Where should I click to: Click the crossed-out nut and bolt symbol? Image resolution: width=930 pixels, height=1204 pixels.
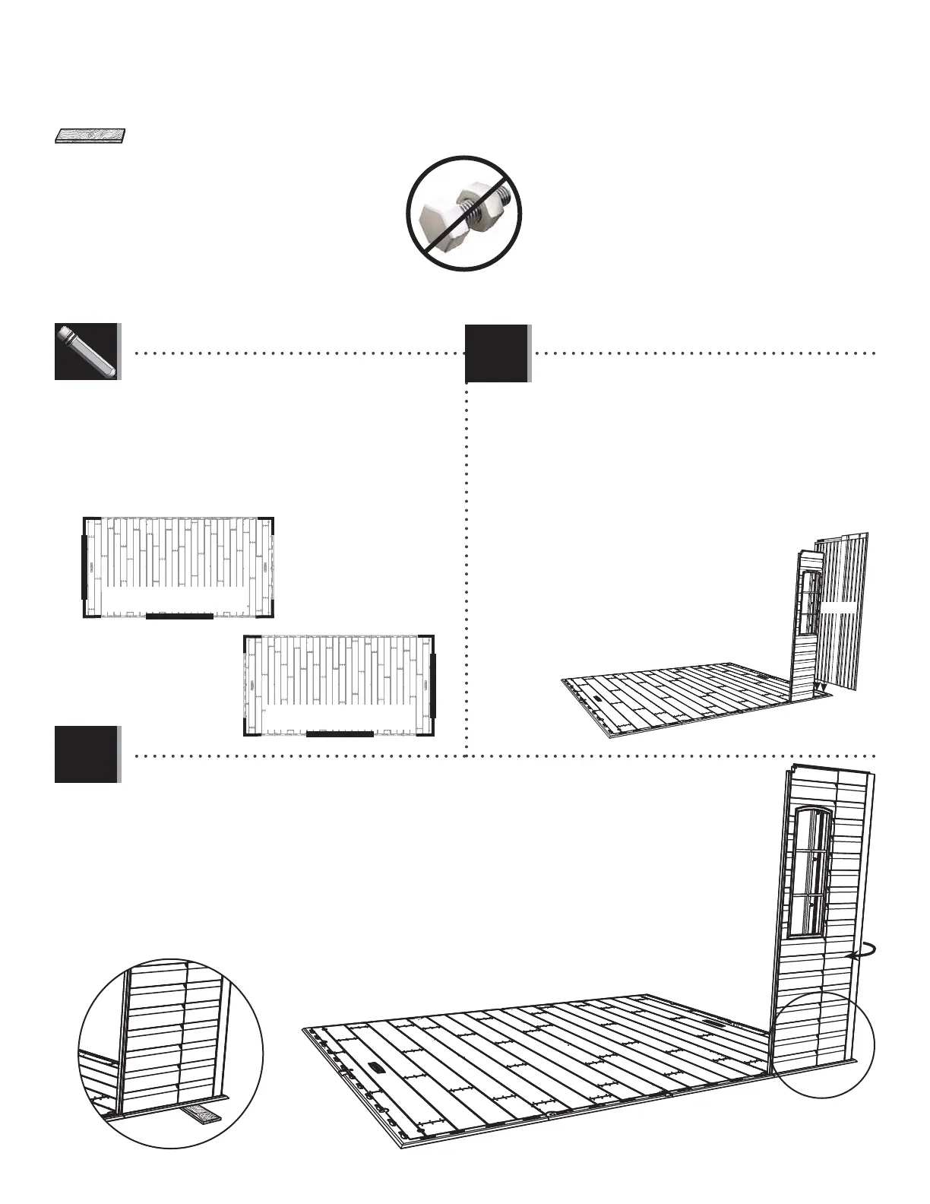click(464, 213)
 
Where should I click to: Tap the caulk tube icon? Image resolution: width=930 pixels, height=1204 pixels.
click(86, 351)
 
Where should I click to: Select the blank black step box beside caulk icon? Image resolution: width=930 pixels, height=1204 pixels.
click(496, 353)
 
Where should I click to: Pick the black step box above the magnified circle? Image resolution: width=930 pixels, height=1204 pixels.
click(86, 754)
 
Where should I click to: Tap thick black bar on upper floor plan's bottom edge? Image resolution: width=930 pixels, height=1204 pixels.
click(179, 616)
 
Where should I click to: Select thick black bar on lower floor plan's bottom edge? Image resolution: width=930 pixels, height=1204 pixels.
click(340, 734)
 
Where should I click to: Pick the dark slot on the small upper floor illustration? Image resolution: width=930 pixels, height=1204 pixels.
click(599, 697)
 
